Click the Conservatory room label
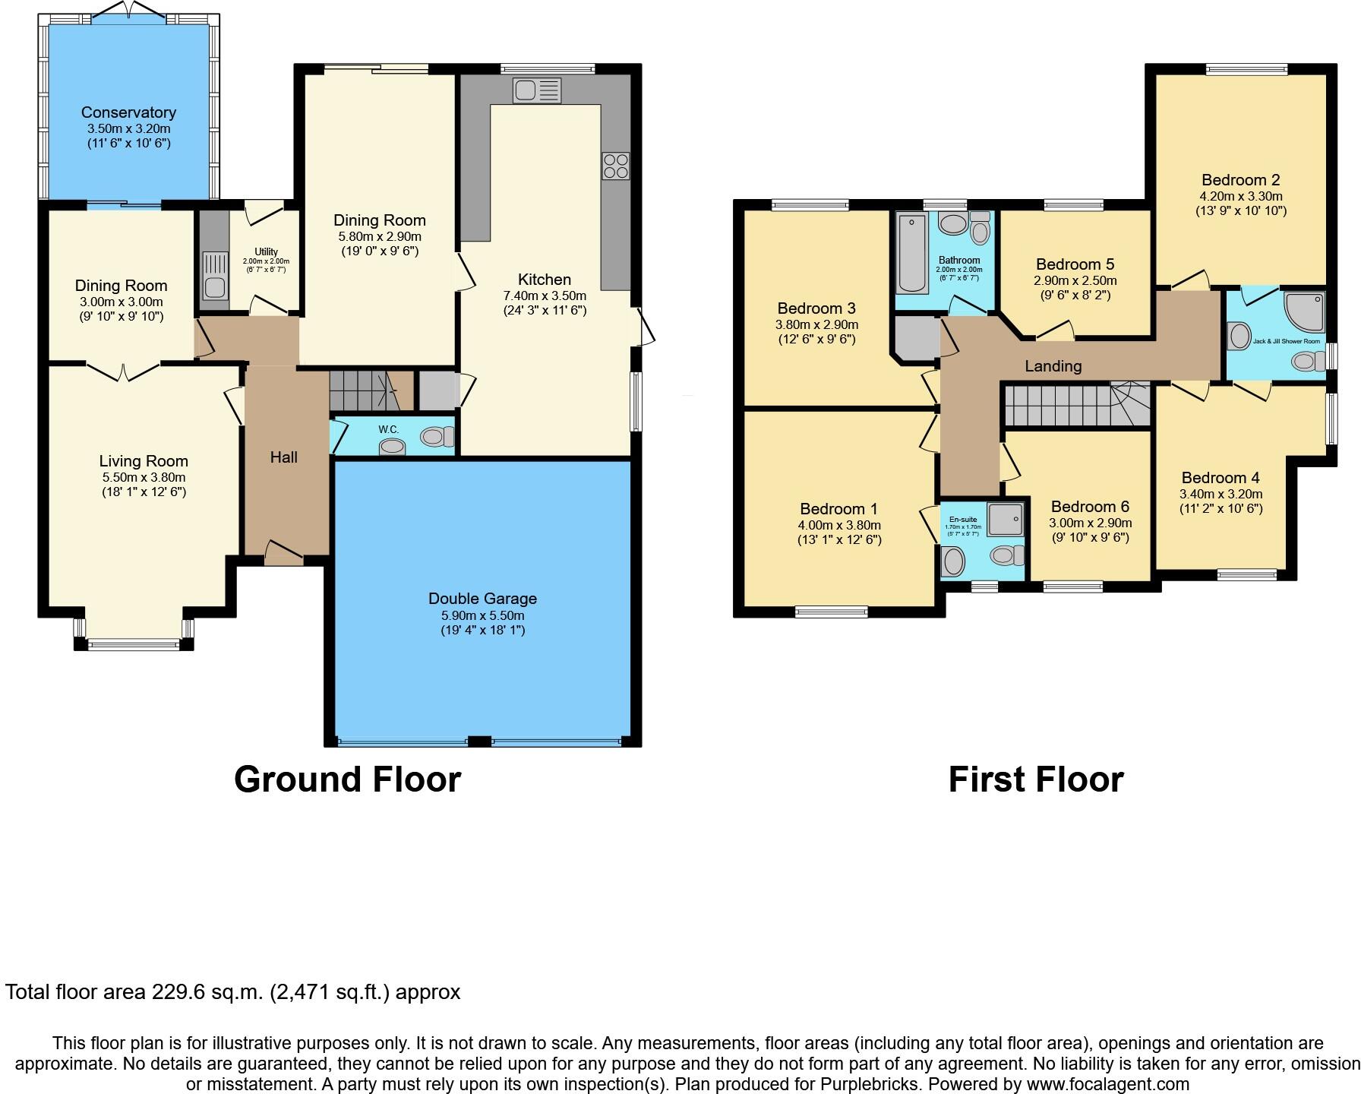[x=128, y=112]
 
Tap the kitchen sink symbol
[x=536, y=90]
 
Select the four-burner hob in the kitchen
[x=616, y=166]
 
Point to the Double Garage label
[x=482, y=599]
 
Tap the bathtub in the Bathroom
[x=911, y=253]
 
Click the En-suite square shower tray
[x=1007, y=519]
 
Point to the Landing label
[x=1053, y=366]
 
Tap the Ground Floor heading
[x=347, y=779]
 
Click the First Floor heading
[x=1036, y=779]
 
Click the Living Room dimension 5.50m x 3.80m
[x=144, y=477]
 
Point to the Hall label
[x=284, y=457]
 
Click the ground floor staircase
[x=365, y=390]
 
